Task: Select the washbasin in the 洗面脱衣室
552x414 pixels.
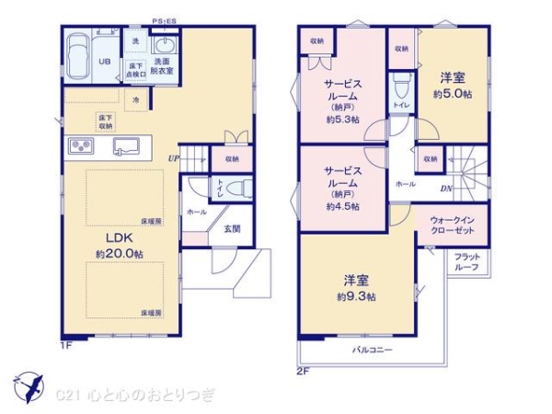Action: [167, 47]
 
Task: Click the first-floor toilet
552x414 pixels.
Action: [237, 190]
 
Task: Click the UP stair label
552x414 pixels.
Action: [173, 158]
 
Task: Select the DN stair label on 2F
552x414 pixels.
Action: [445, 190]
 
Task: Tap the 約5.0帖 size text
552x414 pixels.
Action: [453, 95]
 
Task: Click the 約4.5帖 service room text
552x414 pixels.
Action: [343, 207]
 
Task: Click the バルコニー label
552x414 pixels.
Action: [373, 351]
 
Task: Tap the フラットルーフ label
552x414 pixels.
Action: [466, 261]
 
